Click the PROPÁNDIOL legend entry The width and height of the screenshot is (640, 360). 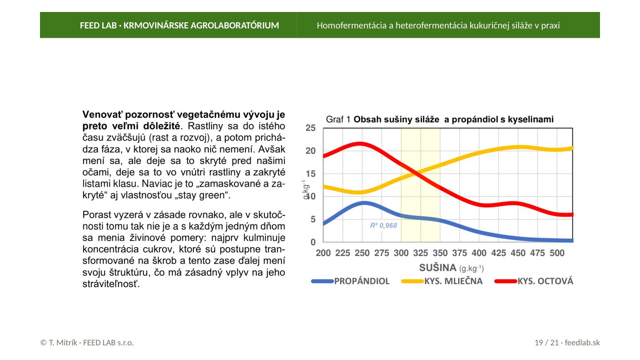pyautogui.click(x=350, y=281)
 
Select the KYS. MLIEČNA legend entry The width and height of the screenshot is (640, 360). pyautogui.click(x=442, y=281)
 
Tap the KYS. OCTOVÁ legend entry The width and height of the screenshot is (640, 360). pyautogui.click(x=534, y=281)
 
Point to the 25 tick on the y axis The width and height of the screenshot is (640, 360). pyautogui.click(x=311, y=128)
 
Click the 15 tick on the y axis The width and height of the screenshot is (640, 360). pyautogui.click(x=311, y=174)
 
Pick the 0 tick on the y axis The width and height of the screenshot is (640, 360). pyautogui.click(x=313, y=242)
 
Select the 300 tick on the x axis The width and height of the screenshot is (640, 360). pyautogui.click(x=401, y=253)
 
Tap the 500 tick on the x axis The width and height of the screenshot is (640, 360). pyautogui.click(x=557, y=253)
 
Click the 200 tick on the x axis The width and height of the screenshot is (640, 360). pyautogui.click(x=323, y=253)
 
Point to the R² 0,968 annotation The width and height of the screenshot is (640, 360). pyautogui.click(x=384, y=226)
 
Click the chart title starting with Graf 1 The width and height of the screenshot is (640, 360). pyautogui.click(x=440, y=120)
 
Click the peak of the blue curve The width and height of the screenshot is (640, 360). pyautogui.click(x=364, y=203)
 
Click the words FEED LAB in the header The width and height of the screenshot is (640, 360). pyautogui.click(x=98, y=25)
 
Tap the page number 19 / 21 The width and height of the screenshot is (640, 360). pyautogui.click(x=547, y=343)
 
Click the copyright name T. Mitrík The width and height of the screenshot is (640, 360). pyautogui.click(x=63, y=343)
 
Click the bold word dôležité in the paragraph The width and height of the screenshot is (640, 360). pyautogui.click(x=162, y=126)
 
